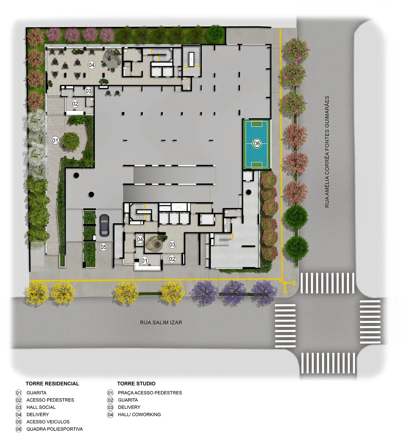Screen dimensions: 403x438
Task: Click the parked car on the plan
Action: point(104,225)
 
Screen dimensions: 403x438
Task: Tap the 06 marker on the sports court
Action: point(257,143)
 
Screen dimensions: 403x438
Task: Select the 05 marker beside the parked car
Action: point(104,247)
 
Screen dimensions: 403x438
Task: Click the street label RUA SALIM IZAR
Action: point(161,323)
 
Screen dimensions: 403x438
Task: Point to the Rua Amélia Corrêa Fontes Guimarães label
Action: point(327,152)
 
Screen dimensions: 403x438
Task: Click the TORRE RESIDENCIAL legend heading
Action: point(52,384)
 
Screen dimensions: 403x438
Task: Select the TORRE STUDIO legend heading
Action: point(136,384)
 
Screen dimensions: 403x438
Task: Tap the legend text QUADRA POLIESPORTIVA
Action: point(55,429)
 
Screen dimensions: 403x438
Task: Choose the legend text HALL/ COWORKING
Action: point(139,414)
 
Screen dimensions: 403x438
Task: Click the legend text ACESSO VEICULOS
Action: point(48,422)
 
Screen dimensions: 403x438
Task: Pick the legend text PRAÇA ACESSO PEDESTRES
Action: point(150,393)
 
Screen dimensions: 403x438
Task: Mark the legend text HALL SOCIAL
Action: point(41,407)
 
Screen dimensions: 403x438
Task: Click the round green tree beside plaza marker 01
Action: point(71,141)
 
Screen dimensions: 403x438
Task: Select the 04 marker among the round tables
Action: point(92,65)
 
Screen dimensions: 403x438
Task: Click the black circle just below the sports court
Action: point(249,192)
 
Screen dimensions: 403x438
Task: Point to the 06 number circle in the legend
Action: point(19,429)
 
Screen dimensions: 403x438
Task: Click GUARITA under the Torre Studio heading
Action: point(128,400)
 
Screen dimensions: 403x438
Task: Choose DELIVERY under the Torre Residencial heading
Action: point(38,414)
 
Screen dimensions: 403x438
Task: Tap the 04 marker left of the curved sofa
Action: point(140,239)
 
